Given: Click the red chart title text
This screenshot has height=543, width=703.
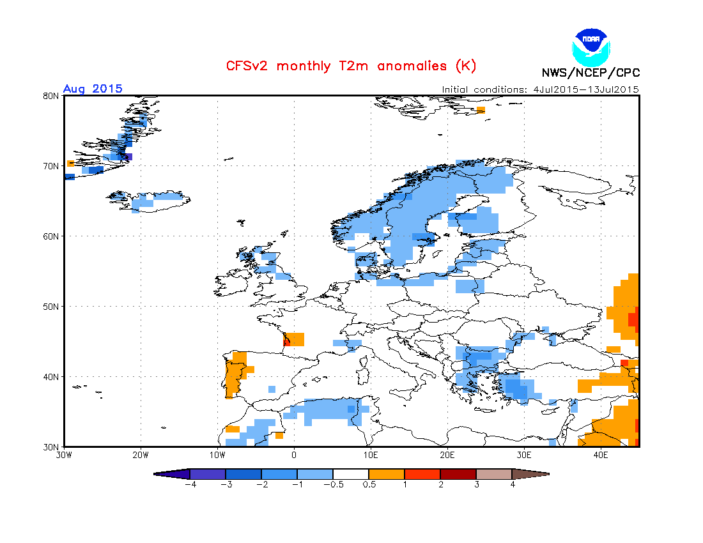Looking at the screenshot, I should point(351,66).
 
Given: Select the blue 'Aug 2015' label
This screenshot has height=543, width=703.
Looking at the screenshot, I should point(93,89).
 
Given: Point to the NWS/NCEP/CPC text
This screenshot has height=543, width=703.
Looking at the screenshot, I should point(591,73).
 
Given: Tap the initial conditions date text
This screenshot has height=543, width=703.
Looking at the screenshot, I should point(540,89).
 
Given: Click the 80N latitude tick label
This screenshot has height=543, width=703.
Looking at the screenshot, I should point(52,96).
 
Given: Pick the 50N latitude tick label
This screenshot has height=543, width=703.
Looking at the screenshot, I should point(52,307).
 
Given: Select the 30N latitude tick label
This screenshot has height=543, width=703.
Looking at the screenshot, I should point(52,447).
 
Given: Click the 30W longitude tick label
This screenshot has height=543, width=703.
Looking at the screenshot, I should point(63,455).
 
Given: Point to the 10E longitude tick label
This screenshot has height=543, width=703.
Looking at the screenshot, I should point(371,455).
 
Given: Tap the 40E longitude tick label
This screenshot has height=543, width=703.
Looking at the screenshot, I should point(601,455).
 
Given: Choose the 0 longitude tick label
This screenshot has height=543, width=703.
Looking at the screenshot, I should point(294,455).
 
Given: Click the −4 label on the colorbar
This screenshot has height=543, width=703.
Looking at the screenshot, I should point(189,484).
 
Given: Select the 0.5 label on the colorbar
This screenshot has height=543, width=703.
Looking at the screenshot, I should point(369,484).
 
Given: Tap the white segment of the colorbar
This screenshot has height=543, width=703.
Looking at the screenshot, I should point(351,474).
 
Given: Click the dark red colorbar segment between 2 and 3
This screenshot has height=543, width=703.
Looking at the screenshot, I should point(458,474).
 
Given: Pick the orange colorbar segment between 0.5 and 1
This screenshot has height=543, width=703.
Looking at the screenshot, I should point(387,474).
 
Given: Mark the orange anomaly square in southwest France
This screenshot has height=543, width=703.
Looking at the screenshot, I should point(295,339).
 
